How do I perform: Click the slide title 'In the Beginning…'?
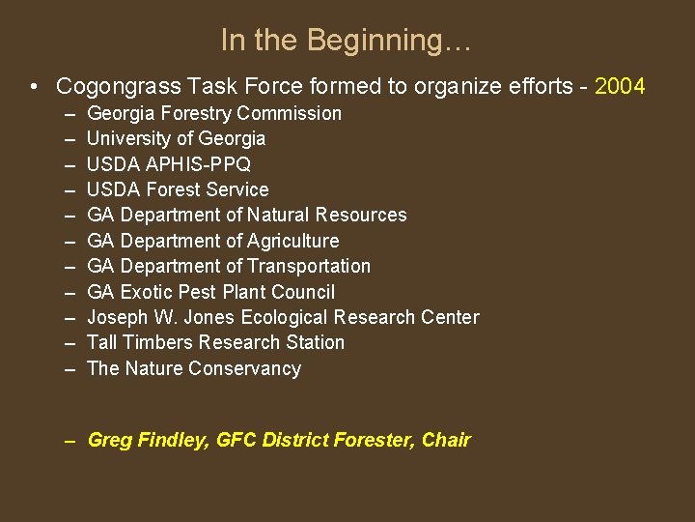[x=346, y=41]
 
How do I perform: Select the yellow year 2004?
[x=620, y=87]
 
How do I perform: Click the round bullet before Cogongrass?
[x=34, y=87]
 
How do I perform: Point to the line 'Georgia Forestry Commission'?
[x=213, y=114]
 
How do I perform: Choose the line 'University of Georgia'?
[x=176, y=139]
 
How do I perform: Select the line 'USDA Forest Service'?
[x=178, y=190]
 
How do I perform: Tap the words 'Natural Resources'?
[x=327, y=216]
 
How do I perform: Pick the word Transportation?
[x=309, y=267]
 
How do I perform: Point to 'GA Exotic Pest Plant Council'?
[x=210, y=292]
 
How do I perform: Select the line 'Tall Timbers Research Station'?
[x=215, y=343]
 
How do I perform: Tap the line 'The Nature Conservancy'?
[x=193, y=368]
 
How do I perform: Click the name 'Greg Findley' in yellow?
[x=147, y=441]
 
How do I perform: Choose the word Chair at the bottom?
[x=446, y=441]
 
